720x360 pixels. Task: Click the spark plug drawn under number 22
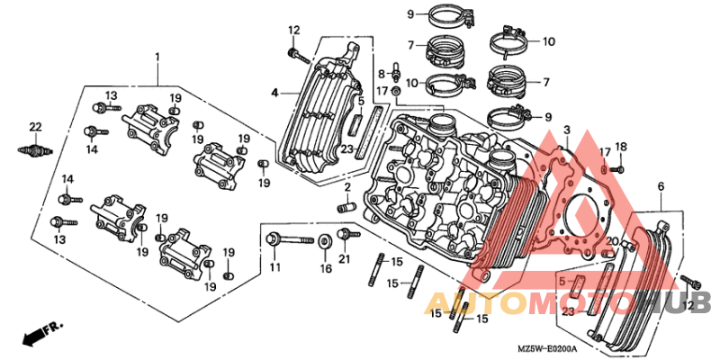35,150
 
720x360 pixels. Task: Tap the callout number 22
35,127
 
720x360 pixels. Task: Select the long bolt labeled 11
290,239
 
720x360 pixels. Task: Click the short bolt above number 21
348,234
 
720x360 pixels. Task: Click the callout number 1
157,57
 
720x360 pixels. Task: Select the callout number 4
274,94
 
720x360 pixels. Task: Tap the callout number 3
567,130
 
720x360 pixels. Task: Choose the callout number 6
661,186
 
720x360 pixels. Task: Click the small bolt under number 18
618,170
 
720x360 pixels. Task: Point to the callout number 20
613,241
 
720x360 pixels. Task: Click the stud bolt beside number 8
394,69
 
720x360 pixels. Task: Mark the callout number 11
274,265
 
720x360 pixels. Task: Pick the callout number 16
326,268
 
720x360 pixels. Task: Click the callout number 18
621,147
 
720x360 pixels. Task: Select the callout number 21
345,258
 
